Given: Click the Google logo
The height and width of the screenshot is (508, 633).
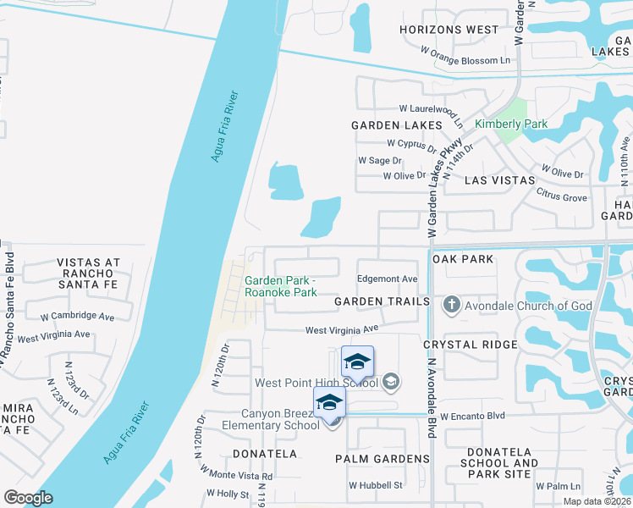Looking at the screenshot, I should (28, 497).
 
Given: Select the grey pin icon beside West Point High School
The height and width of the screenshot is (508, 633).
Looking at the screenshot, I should (391, 383).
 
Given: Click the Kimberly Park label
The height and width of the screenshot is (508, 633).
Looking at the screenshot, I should (510, 124).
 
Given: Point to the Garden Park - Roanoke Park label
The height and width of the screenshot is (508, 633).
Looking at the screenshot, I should (281, 287).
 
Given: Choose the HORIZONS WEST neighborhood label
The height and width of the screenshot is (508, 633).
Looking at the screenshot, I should (450, 30).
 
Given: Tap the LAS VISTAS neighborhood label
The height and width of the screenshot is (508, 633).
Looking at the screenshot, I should (500, 180).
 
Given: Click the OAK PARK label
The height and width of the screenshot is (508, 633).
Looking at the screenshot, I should (463, 258).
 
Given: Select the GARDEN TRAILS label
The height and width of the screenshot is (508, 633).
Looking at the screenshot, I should (382, 301).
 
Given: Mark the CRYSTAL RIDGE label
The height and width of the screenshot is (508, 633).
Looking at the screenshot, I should (470, 345).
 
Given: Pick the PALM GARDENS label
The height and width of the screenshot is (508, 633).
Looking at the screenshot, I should (383, 459).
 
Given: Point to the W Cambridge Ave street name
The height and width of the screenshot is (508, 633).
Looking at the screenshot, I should (77, 316).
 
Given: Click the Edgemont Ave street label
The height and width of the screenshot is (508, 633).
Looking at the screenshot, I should (388, 279).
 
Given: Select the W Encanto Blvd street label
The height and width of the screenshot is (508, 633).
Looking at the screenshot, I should (472, 417).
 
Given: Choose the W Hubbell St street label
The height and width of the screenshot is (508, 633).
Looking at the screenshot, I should (375, 485).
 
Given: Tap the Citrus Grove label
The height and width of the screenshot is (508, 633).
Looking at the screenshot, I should (563, 197).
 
